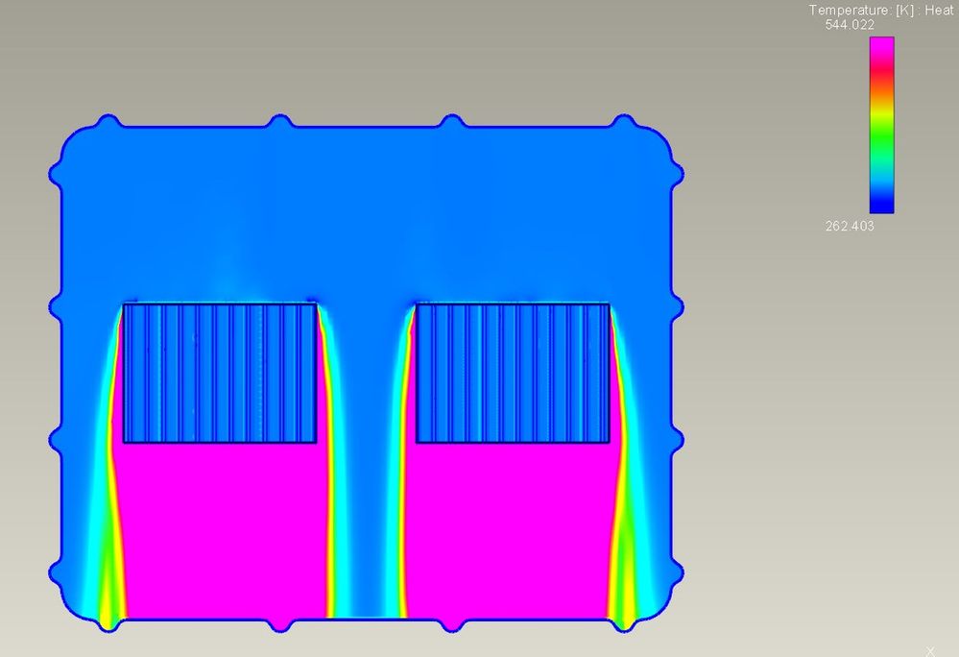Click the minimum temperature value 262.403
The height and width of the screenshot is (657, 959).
point(849,227)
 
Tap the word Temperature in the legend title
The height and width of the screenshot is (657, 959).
point(846,10)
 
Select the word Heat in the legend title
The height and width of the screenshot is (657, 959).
point(939,10)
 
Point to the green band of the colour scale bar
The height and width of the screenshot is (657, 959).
point(881,130)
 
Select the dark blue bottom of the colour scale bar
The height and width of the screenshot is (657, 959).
point(881,205)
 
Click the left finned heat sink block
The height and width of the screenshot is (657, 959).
point(220,373)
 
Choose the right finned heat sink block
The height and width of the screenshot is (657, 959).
point(513,373)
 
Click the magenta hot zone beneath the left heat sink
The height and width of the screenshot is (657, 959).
point(220,528)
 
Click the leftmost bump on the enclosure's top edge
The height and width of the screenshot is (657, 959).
point(108,122)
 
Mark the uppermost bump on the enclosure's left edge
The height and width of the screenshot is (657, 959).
point(56,175)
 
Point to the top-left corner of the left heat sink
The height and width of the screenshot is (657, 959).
point(124,304)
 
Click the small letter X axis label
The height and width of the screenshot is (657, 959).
point(929,650)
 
